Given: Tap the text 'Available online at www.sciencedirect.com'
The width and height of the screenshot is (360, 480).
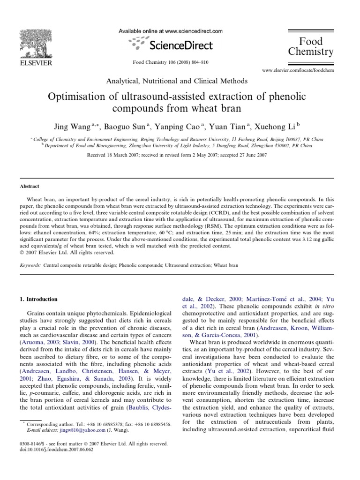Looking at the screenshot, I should (169, 30).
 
